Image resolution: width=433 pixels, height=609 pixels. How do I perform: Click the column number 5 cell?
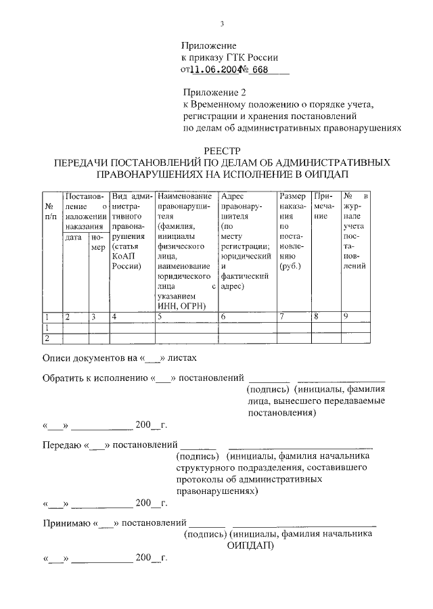(x=160, y=316)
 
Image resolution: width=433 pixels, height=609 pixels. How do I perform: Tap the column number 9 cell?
(x=346, y=316)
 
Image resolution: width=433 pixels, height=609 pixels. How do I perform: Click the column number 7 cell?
(x=282, y=316)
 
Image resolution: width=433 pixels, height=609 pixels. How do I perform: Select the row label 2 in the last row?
(x=47, y=338)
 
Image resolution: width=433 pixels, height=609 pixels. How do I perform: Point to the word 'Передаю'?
(x=62, y=445)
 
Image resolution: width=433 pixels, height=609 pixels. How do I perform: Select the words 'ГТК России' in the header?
(x=254, y=58)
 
